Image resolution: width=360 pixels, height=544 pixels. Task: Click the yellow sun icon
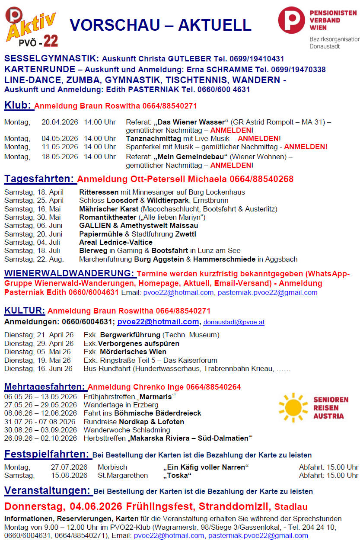coord(293,407)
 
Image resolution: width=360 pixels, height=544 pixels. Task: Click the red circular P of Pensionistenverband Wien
coord(291,20)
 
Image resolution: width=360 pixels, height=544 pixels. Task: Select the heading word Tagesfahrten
coord(40,179)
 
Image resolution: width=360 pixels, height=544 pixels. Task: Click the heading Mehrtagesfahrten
coord(45,387)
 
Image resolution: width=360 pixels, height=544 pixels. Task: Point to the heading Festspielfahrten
coord(47,454)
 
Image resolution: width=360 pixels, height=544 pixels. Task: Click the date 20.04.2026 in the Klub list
coord(60,122)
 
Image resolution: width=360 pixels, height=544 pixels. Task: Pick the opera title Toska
coord(177,475)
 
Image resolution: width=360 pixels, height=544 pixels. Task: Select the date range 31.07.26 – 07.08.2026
coord(41,422)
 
